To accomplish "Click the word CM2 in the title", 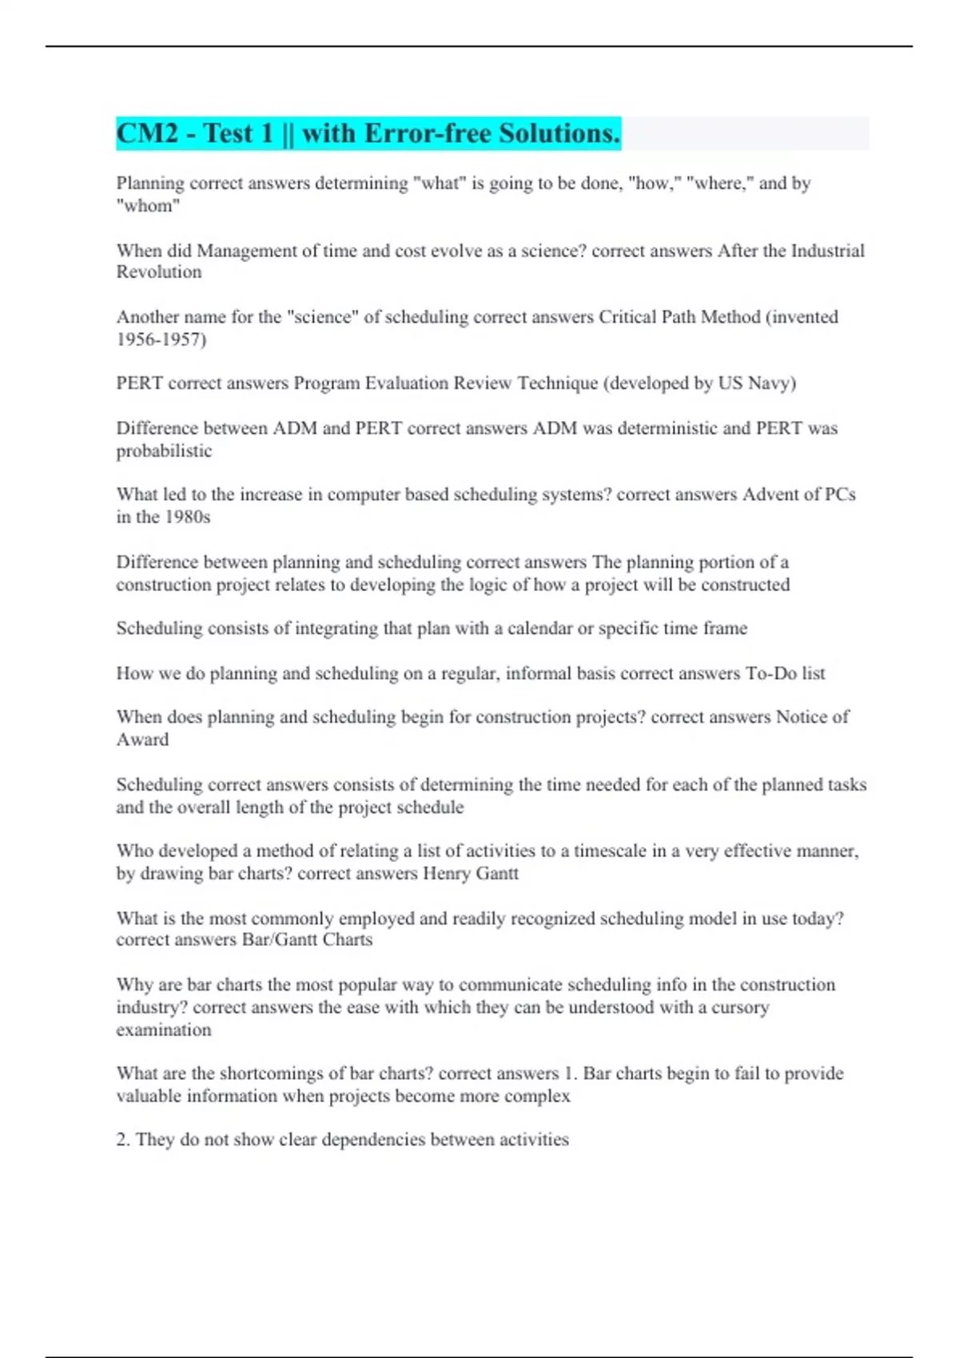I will (x=147, y=133).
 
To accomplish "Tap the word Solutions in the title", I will (x=559, y=133).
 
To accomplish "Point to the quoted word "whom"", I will (x=148, y=206).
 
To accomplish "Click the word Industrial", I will (x=827, y=251).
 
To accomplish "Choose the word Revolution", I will (x=159, y=272).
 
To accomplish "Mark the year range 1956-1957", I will (x=161, y=339).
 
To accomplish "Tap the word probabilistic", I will (x=164, y=451).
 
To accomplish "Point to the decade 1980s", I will (x=187, y=518).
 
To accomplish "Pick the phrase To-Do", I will (x=771, y=673).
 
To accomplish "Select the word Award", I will (x=142, y=740).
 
